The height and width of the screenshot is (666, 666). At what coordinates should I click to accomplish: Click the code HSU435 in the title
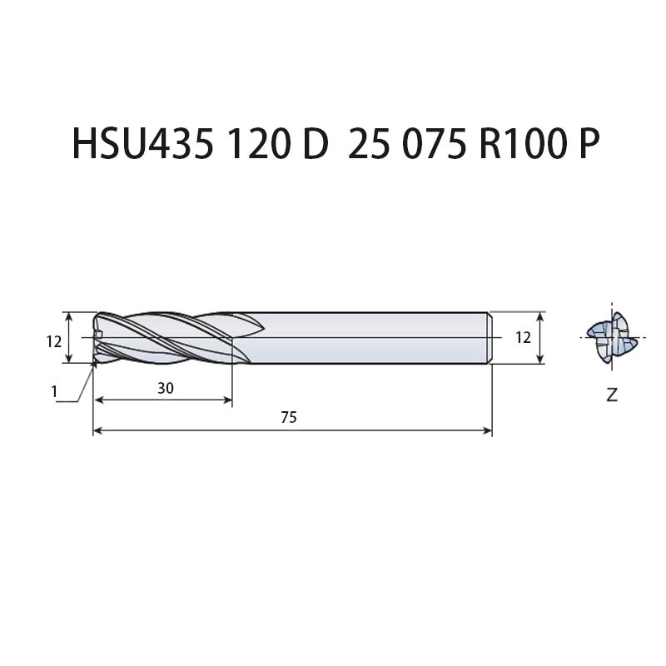[x=142, y=143]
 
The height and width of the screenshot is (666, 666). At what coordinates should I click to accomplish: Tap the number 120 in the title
[x=260, y=143]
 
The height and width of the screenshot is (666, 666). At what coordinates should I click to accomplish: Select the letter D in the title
[x=316, y=143]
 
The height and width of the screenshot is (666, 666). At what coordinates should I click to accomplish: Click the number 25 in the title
[x=369, y=143]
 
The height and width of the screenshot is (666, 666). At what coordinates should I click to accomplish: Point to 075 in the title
[x=434, y=143]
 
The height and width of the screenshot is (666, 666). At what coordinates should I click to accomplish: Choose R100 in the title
[x=524, y=143]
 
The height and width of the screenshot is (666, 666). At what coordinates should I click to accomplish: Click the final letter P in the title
[x=589, y=143]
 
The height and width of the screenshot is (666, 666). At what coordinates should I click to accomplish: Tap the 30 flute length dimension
[x=166, y=388]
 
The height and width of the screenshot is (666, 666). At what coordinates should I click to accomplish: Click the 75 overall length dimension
[x=289, y=418]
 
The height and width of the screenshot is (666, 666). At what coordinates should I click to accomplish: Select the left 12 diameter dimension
[x=54, y=341]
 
